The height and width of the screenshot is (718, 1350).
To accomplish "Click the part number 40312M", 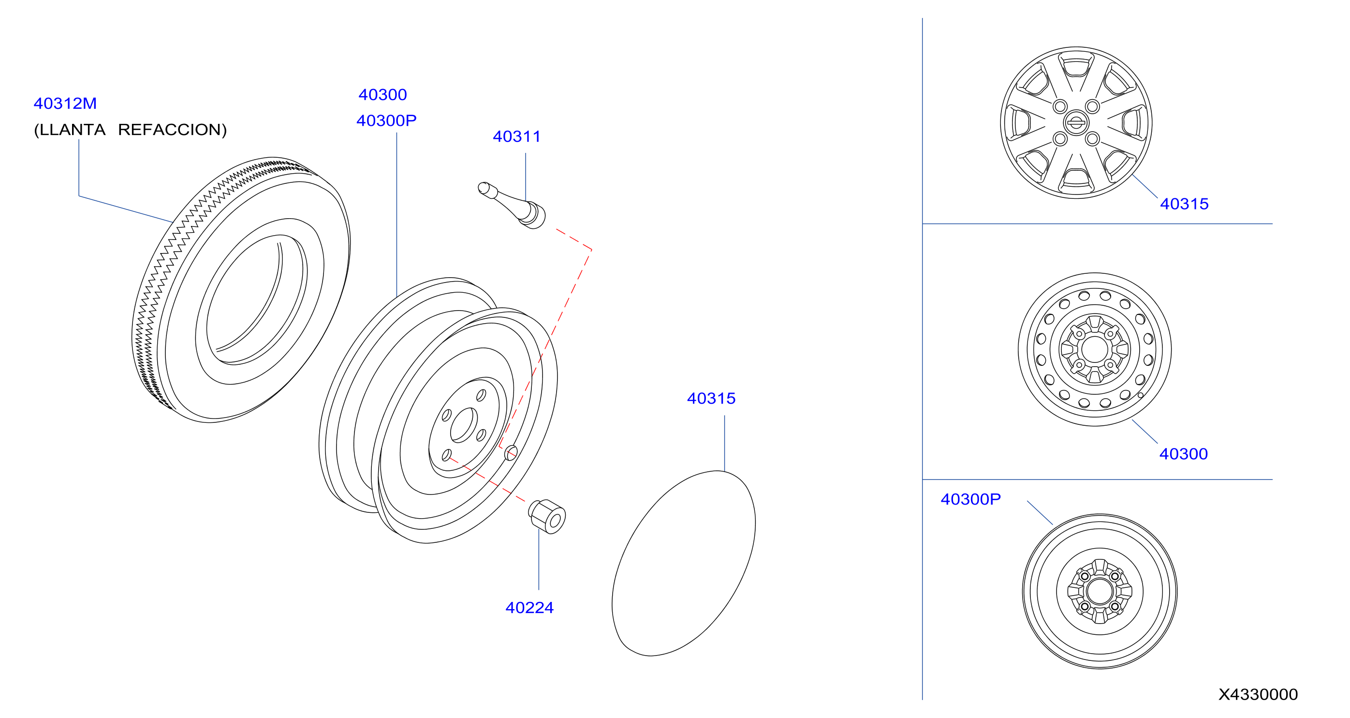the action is [x=65, y=104].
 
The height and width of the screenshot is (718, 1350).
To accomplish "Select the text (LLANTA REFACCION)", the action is [x=131, y=130].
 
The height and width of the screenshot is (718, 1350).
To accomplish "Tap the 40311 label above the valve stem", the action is [x=517, y=136].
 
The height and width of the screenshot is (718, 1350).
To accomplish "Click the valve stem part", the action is [x=512, y=205].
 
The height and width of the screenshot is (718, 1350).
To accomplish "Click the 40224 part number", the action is [x=529, y=607].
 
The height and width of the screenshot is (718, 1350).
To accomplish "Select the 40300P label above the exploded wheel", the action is [x=386, y=120].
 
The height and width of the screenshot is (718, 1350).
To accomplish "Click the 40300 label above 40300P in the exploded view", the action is [x=382, y=94].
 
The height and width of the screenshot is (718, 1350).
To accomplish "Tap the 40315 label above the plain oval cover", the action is [x=711, y=398].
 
